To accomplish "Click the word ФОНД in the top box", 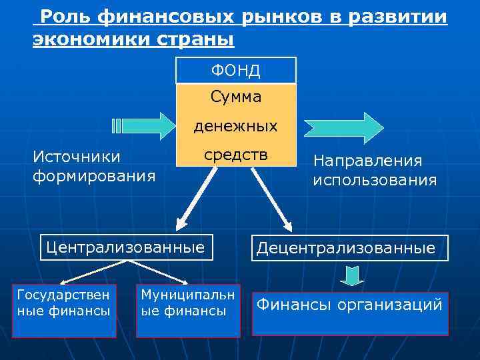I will click(235, 71).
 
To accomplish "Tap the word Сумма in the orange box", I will click(235, 97).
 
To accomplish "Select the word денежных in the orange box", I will click(235, 126).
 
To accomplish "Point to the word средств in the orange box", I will click(235, 155).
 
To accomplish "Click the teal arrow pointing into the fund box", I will click(142, 125).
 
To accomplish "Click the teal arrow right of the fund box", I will click(344, 125).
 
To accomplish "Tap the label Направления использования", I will click(375, 171).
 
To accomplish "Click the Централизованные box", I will click(126, 247).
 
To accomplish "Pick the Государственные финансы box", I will click(64, 311).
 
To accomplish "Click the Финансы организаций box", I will click(349, 313).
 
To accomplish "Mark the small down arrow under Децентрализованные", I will click(353, 275).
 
